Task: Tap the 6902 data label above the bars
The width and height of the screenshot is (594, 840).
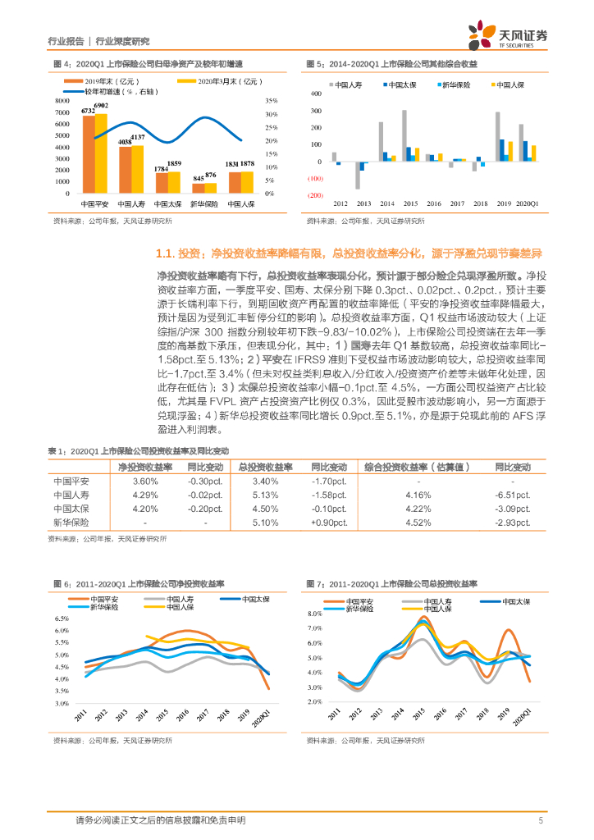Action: coord(101,106)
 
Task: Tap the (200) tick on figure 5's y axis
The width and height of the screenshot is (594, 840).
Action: coord(315,195)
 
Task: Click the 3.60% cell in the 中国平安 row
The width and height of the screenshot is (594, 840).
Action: coord(144,482)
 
